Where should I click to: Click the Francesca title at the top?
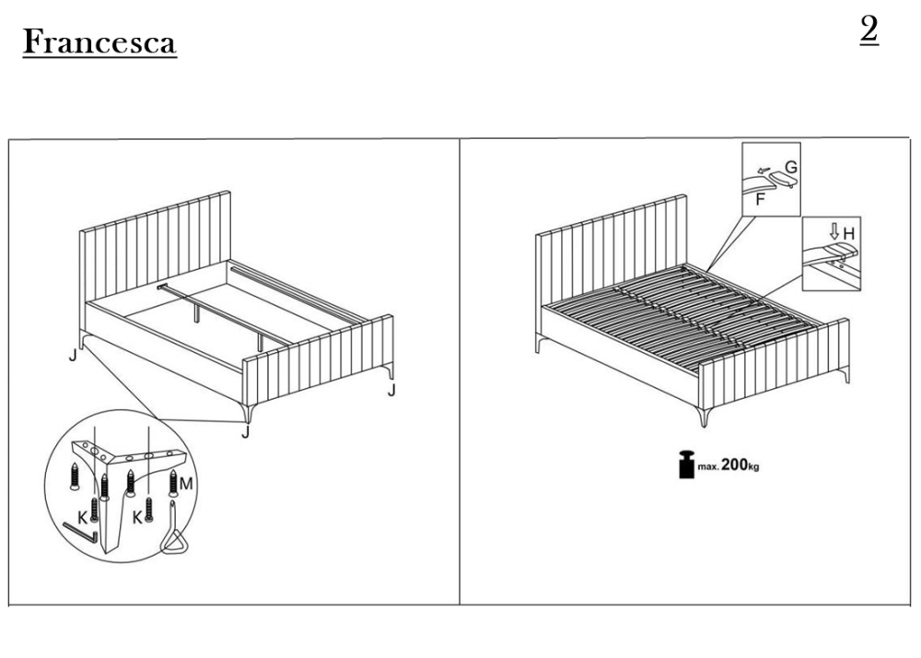tap(99, 42)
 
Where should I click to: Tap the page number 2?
tap(869, 29)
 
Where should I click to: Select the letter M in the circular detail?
tap(186, 484)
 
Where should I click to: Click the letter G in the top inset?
tap(791, 168)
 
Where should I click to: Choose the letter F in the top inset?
tap(760, 200)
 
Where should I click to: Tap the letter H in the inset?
tap(849, 234)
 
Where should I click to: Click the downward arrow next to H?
tap(834, 232)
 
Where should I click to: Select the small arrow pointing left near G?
tap(763, 171)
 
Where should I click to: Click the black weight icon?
tap(687, 464)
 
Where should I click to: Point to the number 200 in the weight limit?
tap(734, 464)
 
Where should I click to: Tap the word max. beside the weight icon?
tap(708, 467)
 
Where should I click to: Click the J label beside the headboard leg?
tap(72, 355)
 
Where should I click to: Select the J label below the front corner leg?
tap(246, 432)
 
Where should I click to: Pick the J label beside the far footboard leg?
tap(391, 390)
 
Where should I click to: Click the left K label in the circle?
tap(83, 518)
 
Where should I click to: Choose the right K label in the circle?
tap(137, 518)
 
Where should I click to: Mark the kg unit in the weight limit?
tap(753, 467)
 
